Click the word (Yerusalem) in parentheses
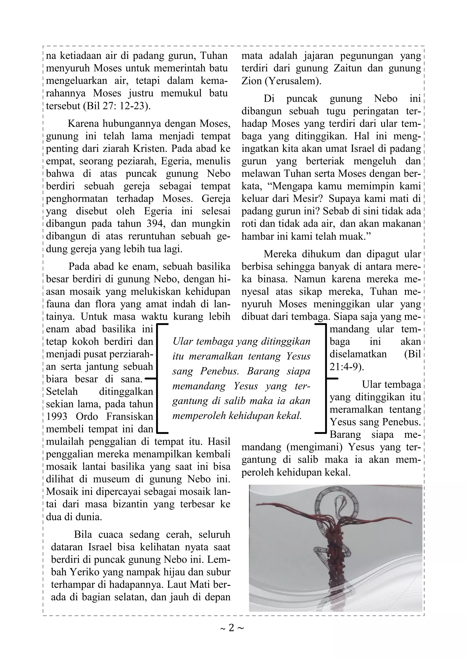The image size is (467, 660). tap(293, 81)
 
